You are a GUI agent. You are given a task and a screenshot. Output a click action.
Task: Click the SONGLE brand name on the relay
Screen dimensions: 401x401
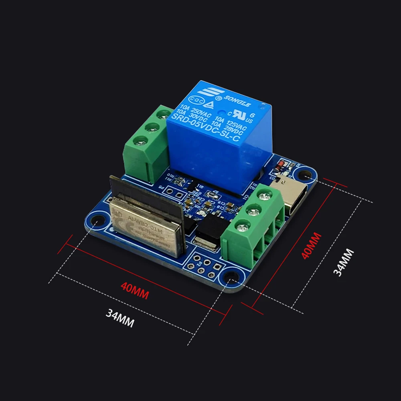click(x=237, y=101)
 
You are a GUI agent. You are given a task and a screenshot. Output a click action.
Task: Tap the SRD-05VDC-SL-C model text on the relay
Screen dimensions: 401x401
click(x=205, y=128)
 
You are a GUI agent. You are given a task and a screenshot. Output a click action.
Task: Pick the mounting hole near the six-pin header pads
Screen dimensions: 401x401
click(x=231, y=277)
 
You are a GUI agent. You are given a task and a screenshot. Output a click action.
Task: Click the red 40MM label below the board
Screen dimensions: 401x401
click(x=134, y=291)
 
